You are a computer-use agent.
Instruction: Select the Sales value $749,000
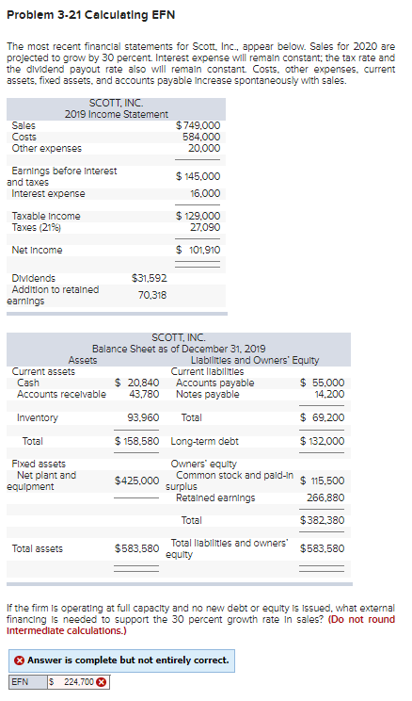[198, 124]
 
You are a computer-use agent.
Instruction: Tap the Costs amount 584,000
[201, 136]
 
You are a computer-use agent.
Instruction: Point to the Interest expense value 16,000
[204, 193]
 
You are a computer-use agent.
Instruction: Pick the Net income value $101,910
[198, 250]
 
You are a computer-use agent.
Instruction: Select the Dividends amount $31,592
[149, 278]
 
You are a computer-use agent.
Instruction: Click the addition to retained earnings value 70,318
[152, 295]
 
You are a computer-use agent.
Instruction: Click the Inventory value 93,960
[142, 417]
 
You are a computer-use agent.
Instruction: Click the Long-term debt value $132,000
[322, 441]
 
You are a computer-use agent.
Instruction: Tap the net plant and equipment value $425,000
[136, 481]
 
